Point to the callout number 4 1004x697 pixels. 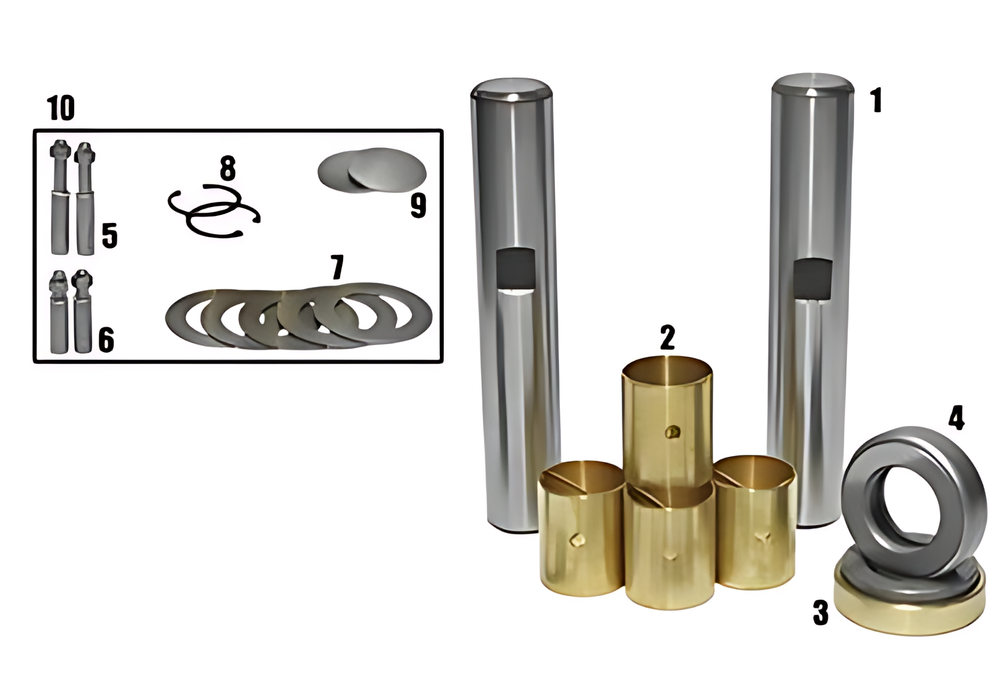pyautogui.click(x=956, y=418)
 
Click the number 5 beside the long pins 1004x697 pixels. pyautogui.click(x=109, y=236)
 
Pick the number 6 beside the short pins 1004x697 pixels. pyautogui.click(x=106, y=340)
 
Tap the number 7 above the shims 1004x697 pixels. pyautogui.click(x=337, y=267)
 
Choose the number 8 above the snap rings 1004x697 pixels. pyautogui.click(x=227, y=168)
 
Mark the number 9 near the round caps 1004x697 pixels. pyautogui.click(x=418, y=206)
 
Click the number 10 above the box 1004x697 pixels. pyautogui.click(x=60, y=108)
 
